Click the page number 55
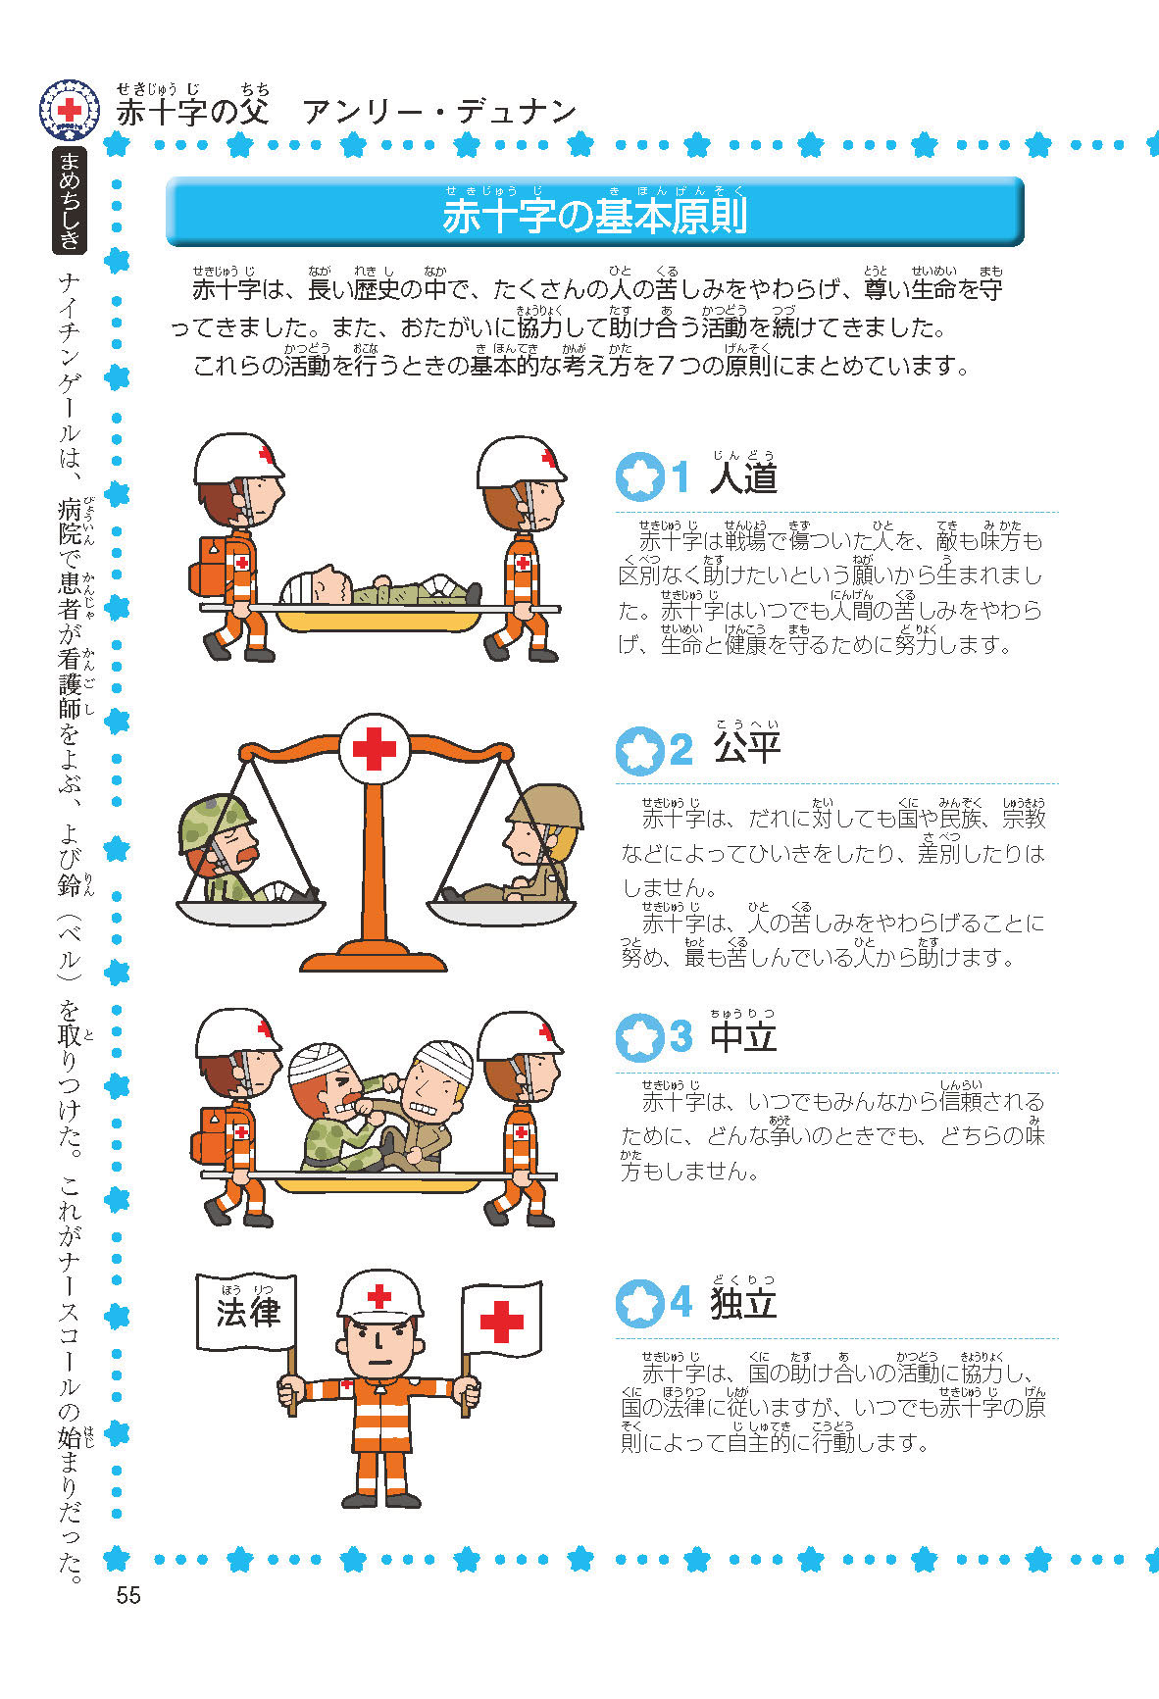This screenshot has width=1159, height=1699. point(128,1596)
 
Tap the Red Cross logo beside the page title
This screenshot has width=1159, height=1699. point(70,109)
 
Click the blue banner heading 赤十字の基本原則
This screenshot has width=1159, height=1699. point(594,217)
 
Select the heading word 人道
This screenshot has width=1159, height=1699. point(744,477)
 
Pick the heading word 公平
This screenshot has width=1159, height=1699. point(747,747)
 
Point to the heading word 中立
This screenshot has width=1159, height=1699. point(744,1035)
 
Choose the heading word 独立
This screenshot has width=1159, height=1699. point(744,1302)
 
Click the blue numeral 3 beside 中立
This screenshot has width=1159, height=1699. point(681,1036)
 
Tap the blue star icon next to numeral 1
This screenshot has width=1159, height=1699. point(640,476)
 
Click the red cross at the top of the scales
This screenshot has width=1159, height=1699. point(375,750)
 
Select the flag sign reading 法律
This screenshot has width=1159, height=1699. point(246,1313)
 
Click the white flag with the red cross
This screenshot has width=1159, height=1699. point(501,1320)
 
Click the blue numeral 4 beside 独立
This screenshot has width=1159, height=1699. point(681,1303)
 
